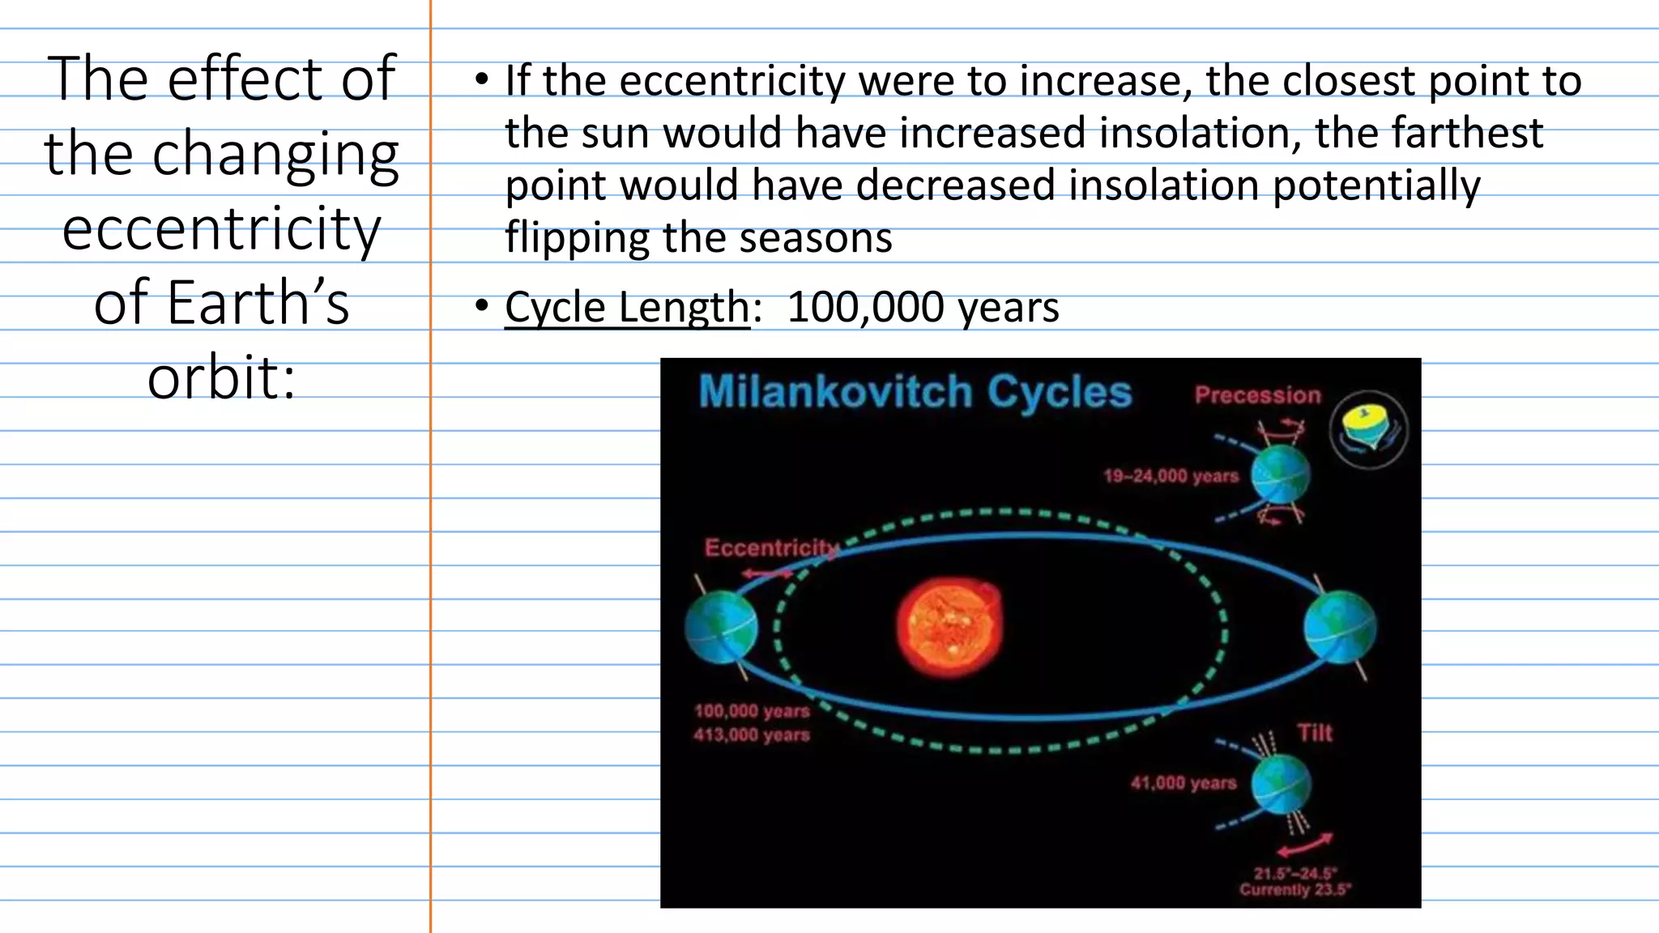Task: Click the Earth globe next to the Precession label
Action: pyautogui.click(x=1280, y=476)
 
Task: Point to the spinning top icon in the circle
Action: pyautogui.click(x=1368, y=429)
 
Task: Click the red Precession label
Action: pyautogui.click(x=1257, y=395)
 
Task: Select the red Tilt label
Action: pyautogui.click(x=1314, y=733)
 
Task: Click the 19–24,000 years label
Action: pyautogui.click(x=1171, y=476)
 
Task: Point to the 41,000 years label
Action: pyautogui.click(x=1183, y=783)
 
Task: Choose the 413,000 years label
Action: pyautogui.click(x=752, y=735)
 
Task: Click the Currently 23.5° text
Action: pyautogui.click(x=1294, y=890)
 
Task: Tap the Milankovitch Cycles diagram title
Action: pyautogui.click(x=915, y=393)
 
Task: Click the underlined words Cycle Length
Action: pyautogui.click(x=627, y=308)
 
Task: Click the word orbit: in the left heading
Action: pyautogui.click(x=221, y=377)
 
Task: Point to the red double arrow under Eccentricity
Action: pyautogui.click(x=767, y=573)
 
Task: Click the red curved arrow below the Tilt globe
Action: pyautogui.click(x=1305, y=845)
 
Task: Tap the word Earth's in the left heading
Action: pyautogui.click(x=221, y=303)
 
